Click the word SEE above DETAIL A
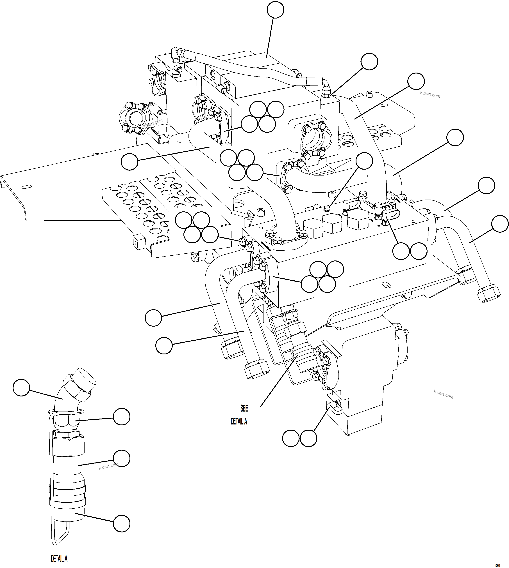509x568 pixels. [244, 408]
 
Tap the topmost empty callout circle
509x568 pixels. [276, 10]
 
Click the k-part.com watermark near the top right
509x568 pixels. [430, 95]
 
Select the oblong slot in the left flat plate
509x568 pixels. [27, 186]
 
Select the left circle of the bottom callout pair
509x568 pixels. [291, 438]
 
